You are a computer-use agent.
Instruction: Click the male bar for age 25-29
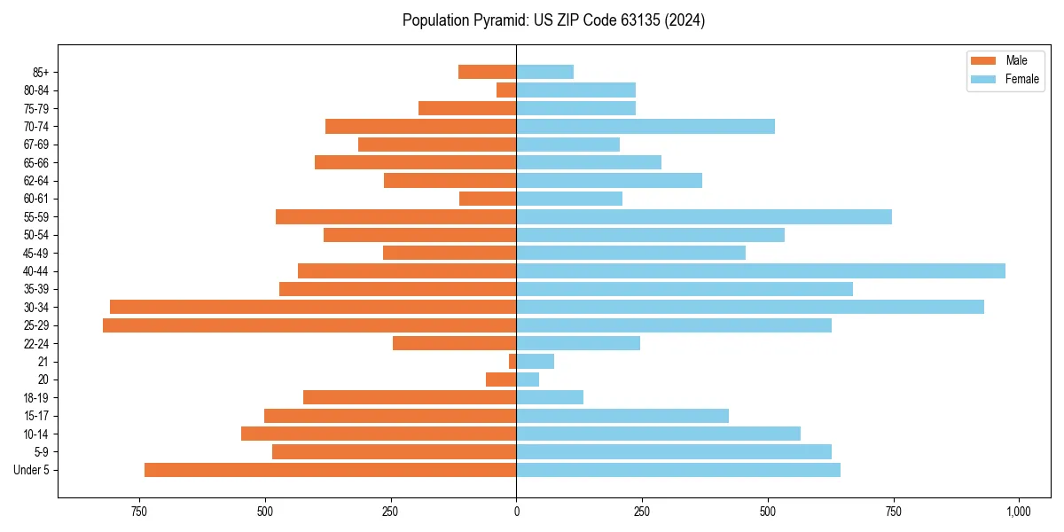[x=309, y=325]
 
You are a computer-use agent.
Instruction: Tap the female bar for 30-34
[x=750, y=307]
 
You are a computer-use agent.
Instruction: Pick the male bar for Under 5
[x=330, y=470]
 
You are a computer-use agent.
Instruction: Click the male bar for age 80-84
[x=506, y=90]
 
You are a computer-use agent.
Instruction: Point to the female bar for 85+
[x=544, y=72]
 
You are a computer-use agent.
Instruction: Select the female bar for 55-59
[x=704, y=216]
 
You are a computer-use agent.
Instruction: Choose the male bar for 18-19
[x=410, y=397]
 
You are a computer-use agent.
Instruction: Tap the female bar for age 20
[x=528, y=379]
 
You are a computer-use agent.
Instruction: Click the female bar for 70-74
[x=645, y=126]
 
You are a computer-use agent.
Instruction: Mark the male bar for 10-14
[x=379, y=434]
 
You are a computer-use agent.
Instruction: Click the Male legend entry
[x=1003, y=60]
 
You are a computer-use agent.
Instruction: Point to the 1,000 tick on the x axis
[x=1018, y=512]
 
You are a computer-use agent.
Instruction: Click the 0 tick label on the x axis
[x=516, y=512]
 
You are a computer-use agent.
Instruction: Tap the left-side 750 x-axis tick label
[x=139, y=512]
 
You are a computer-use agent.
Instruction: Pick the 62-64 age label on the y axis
[x=35, y=181]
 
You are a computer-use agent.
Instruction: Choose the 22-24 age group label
[x=35, y=344]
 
